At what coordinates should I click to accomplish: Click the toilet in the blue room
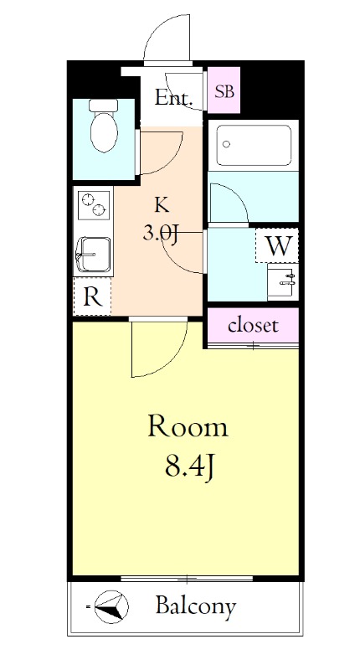[x=104, y=126]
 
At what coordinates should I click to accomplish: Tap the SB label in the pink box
[x=224, y=91]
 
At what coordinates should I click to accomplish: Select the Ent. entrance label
[x=173, y=98]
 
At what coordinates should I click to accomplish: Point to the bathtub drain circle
[x=226, y=144]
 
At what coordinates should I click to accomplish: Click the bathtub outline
[x=254, y=145]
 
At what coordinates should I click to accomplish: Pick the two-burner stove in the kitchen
[x=94, y=204]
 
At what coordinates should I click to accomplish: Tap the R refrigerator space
[x=92, y=296]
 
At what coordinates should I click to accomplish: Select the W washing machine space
[x=277, y=245]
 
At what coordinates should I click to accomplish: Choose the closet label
[x=253, y=326]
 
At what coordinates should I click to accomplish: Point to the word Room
[x=188, y=427]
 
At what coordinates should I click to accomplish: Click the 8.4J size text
[x=188, y=468]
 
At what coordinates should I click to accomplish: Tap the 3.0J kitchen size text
[x=160, y=234]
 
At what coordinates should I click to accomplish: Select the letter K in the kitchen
[x=162, y=206]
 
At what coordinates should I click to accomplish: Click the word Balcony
[x=196, y=606]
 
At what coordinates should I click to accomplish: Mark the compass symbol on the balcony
[x=111, y=606]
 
